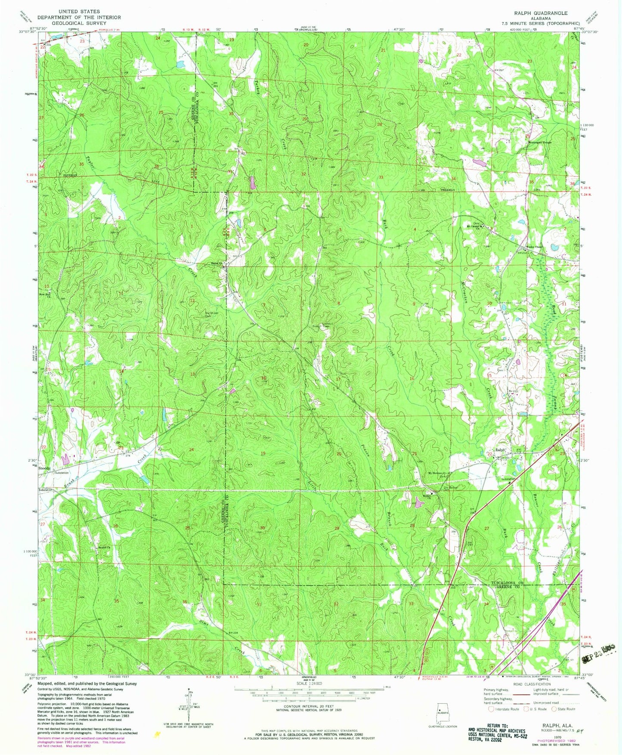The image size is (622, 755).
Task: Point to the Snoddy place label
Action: pos(44,468)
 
